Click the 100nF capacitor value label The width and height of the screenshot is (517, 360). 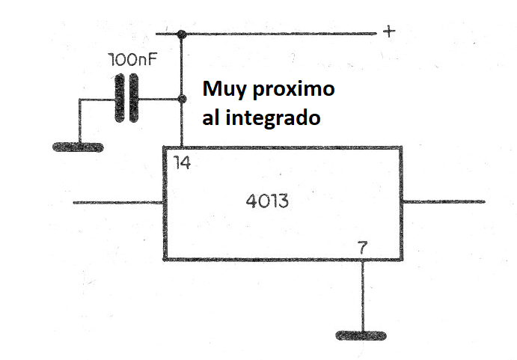pyautogui.click(x=132, y=60)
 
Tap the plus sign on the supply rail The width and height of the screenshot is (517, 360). pyautogui.click(x=389, y=31)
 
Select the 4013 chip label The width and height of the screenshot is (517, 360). pyautogui.click(x=267, y=201)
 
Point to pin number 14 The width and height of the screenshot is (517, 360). pyautogui.click(x=183, y=162)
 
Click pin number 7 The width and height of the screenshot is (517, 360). pyautogui.click(x=363, y=248)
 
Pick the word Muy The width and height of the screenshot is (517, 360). pyautogui.click(x=224, y=89)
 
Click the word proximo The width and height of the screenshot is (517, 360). pyautogui.click(x=294, y=90)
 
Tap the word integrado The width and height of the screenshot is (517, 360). pyautogui.click(x=273, y=118)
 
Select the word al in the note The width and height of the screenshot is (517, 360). pyautogui.click(x=210, y=118)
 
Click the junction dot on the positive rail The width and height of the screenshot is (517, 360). pyautogui.click(x=181, y=34)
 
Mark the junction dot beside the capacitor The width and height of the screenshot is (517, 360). pyautogui.click(x=181, y=99)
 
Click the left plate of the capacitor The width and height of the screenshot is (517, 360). pyautogui.click(x=120, y=98)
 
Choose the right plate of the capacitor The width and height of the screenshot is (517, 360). pyautogui.click(x=133, y=98)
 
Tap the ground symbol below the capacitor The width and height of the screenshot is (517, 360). pyautogui.click(x=78, y=147)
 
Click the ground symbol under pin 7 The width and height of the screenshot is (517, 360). pyautogui.click(x=361, y=335)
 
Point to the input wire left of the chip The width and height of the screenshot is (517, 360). pyautogui.click(x=118, y=202)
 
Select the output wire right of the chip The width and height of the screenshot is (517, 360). pyautogui.click(x=444, y=201)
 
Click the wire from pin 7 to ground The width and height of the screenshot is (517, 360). pyautogui.click(x=363, y=296)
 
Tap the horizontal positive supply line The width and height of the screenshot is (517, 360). pyautogui.click(x=266, y=34)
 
